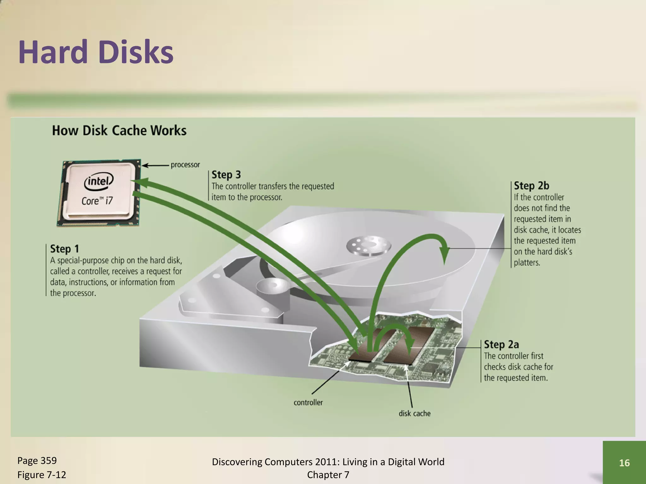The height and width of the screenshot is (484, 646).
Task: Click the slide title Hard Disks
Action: [96, 52]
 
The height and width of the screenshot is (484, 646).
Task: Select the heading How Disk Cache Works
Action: [119, 130]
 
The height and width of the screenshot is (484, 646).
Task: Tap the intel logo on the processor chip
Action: [99, 181]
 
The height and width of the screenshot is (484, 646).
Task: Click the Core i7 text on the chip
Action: [97, 201]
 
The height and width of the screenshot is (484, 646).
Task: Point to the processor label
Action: [185, 165]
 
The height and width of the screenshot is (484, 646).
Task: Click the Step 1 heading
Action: [64, 249]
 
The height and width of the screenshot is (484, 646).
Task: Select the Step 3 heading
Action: [226, 175]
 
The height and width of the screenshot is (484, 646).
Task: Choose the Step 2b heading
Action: [531, 186]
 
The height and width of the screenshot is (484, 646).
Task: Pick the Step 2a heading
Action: [501, 344]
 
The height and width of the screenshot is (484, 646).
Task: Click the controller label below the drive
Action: [308, 402]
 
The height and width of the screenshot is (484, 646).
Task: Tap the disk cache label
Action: [414, 413]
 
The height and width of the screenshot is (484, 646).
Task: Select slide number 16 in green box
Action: [624, 463]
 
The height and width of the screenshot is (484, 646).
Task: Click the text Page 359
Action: [37, 461]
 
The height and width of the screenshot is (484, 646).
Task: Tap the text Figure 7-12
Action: [42, 475]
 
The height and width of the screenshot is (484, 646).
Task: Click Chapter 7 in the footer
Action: [328, 475]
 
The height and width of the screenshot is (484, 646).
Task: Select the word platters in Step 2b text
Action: [527, 262]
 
